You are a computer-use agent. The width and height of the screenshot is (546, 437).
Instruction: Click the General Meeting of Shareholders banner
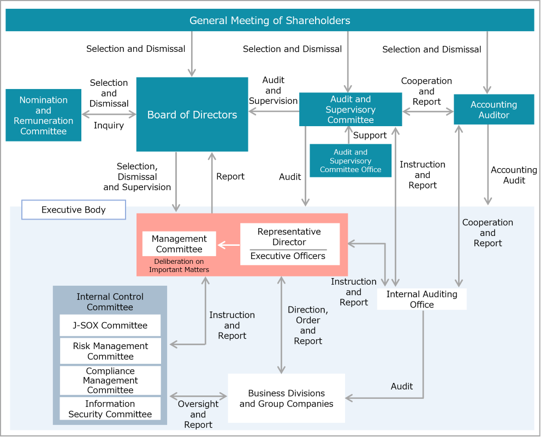click(270, 20)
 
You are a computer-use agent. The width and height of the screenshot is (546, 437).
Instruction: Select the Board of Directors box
click(192, 115)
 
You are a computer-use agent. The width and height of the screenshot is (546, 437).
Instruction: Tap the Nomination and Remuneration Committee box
click(44, 115)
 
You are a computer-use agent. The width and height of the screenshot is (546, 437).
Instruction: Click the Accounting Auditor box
click(494, 110)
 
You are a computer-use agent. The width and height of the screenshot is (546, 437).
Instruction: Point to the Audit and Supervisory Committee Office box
click(351, 161)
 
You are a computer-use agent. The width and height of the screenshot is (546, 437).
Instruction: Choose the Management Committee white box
click(179, 244)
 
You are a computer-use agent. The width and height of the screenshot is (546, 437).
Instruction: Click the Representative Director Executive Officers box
click(289, 244)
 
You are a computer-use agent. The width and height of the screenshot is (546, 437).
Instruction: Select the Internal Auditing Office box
click(422, 299)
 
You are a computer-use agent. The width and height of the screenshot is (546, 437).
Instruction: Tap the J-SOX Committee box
click(110, 326)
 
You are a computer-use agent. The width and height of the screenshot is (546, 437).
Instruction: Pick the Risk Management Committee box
click(110, 351)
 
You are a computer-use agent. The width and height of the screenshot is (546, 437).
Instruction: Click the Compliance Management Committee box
click(110, 380)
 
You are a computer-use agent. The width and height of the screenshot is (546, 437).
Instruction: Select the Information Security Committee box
click(110, 409)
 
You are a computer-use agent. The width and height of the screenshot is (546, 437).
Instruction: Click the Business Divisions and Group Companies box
click(286, 398)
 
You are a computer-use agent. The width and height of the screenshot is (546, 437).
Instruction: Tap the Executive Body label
click(74, 210)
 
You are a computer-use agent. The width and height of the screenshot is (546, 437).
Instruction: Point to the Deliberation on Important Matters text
click(179, 265)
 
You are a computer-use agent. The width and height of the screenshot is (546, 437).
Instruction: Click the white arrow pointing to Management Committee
click(229, 245)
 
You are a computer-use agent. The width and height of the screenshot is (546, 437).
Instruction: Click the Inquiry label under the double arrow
click(109, 126)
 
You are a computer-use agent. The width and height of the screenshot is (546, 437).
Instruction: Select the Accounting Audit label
click(514, 175)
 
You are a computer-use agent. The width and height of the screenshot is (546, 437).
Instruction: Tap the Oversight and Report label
click(198, 414)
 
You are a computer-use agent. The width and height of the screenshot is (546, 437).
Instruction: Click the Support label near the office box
click(370, 135)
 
